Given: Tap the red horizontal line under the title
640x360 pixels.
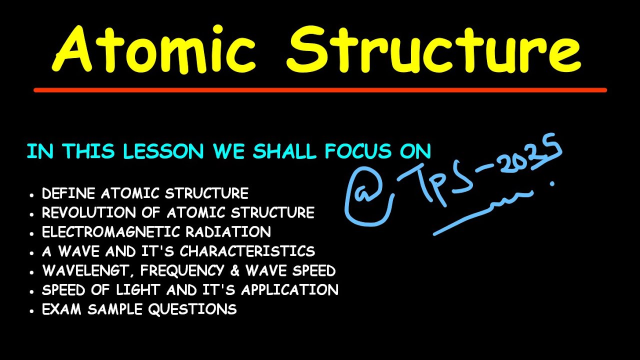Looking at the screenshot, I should [320, 90].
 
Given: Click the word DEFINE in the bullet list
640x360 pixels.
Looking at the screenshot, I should [69, 193].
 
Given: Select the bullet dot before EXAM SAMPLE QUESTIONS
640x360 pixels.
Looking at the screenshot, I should [32, 310].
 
